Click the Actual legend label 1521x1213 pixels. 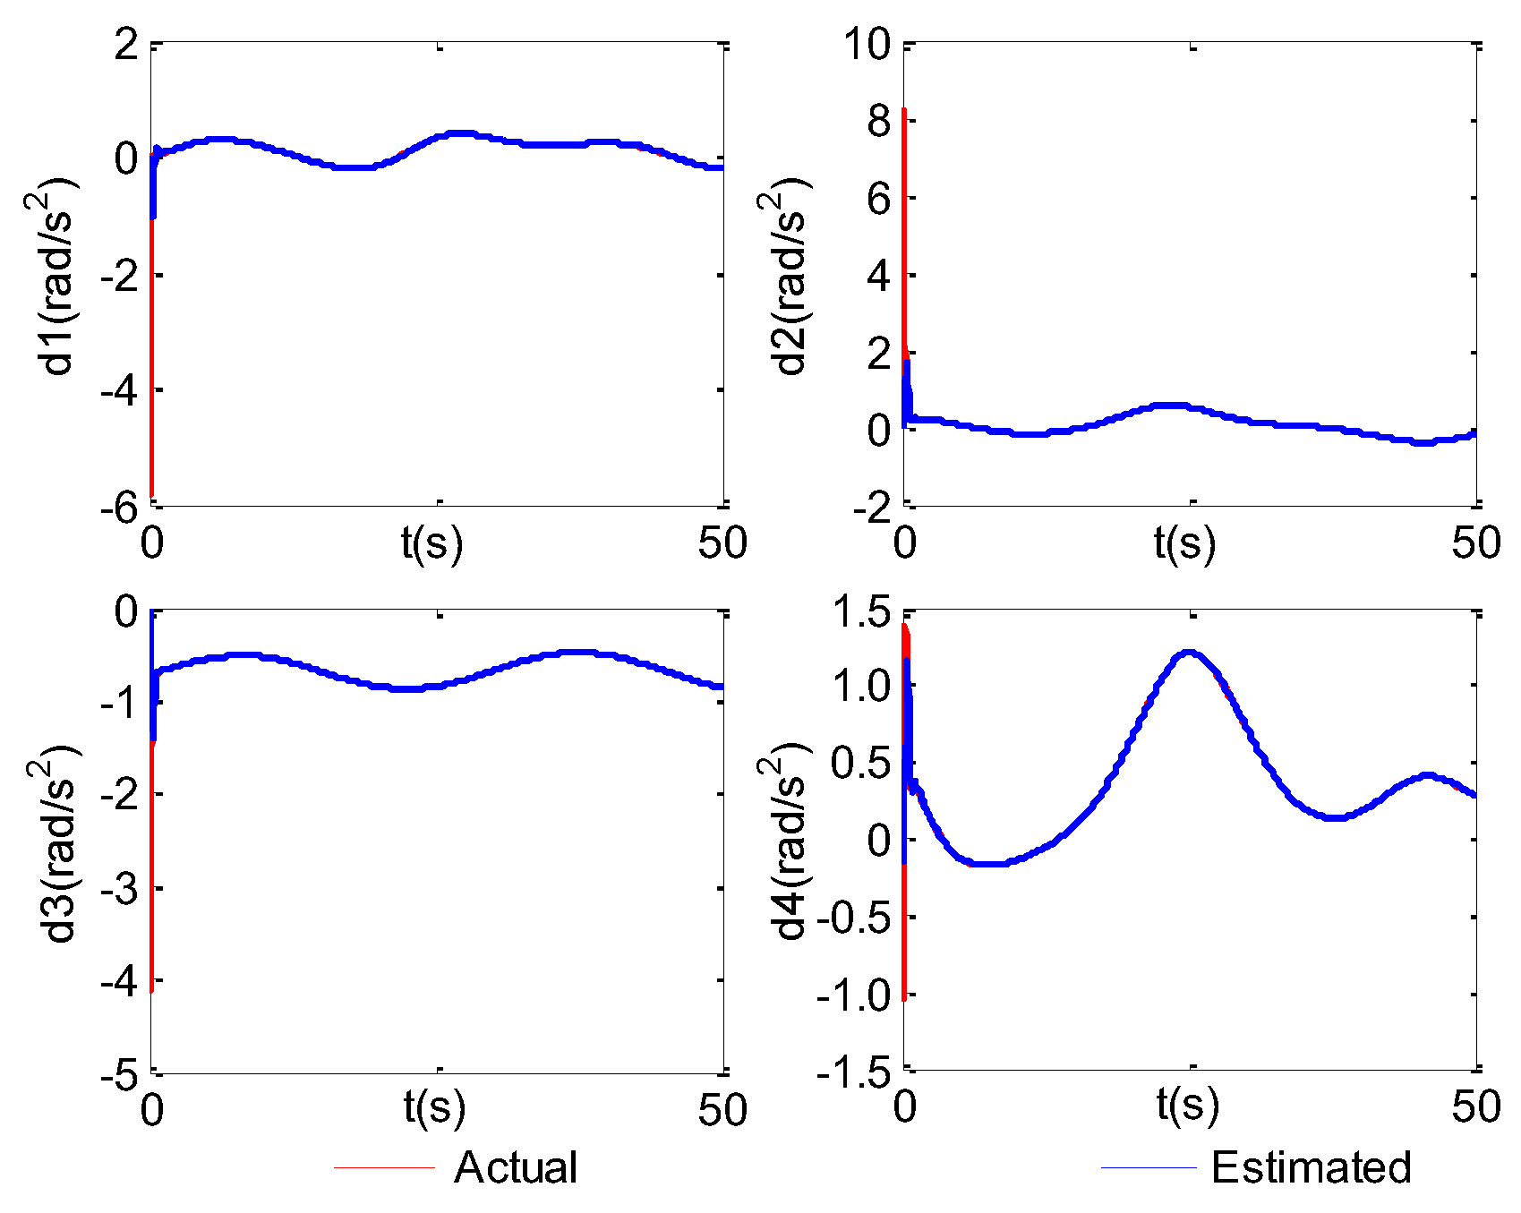point(515,1167)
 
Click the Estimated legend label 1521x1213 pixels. point(1311,1167)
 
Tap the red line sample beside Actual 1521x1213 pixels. point(384,1167)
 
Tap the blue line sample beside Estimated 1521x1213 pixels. point(1149,1167)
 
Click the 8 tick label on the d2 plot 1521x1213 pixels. point(879,121)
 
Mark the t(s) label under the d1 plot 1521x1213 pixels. point(432,543)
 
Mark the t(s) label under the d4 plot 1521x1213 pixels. point(1187,1106)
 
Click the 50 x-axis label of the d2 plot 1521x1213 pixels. point(1475,543)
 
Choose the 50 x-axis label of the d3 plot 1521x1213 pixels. point(722,1110)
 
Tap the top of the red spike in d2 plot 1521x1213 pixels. point(904,111)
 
